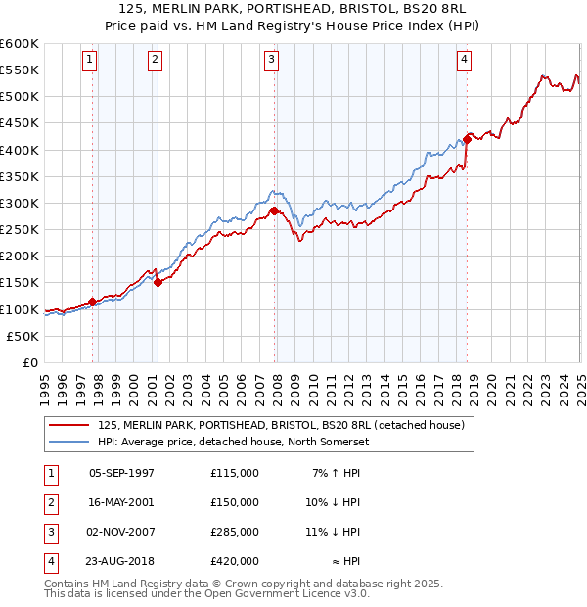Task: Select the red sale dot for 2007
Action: [x=274, y=210]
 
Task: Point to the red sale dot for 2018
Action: [x=468, y=139]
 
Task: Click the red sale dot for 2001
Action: [x=158, y=282]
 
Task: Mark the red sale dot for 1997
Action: [x=92, y=302]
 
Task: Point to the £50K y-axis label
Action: [x=23, y=336]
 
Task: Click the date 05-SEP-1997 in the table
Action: [x=121, y=473]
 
